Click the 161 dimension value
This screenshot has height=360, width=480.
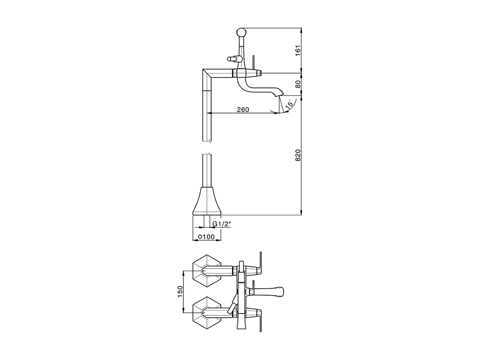pyautogui.click(x=298, y=50)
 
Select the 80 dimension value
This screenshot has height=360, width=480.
pyautogui.click(x=298, y=84)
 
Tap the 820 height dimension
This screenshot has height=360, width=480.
pyautogui.click(x=298, y=155)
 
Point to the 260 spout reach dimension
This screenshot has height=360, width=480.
pyautogui.click(x=243, y=109)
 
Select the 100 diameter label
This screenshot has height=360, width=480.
pyautogui.click(x=208, y=237)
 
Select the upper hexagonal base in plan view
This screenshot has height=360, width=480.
pyautogui.click(x=206, y=270)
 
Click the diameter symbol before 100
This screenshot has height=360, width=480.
pyautogui.click(x=200, y=237)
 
